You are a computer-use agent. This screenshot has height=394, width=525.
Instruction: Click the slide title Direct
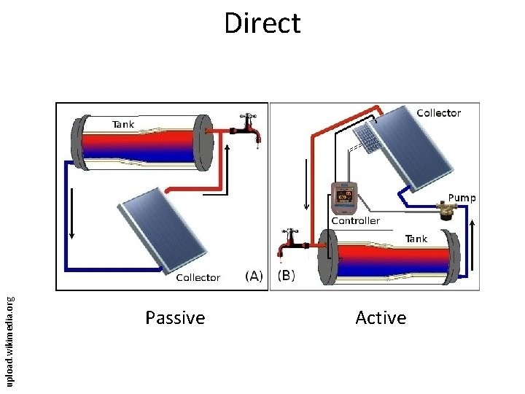(x=262, y=23)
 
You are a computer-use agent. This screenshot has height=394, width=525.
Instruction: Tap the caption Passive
(x=175, y=318)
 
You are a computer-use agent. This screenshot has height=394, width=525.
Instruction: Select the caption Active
(x=381, y=318)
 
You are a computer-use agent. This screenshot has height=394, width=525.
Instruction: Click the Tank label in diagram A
(x=122, y=124)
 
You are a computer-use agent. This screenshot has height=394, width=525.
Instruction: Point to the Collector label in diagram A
(x=198, y=277)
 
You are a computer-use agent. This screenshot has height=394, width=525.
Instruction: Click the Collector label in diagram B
(x=438, y=113)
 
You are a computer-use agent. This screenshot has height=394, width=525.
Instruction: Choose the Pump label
(x=462, y=198)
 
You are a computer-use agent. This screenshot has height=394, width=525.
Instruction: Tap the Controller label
(x=356, y=220)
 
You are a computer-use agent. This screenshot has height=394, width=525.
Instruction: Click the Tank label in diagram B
(x=416, y=239)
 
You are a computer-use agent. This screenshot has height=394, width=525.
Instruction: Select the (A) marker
(x=254, y=276)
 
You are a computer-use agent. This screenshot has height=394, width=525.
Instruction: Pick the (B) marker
(x=285, y=276)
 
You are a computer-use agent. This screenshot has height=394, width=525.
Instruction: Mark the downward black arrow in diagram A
(x=72, y=218)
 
